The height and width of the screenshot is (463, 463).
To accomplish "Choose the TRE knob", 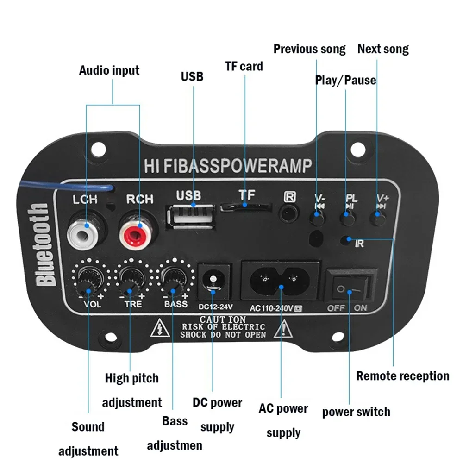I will (130, 280).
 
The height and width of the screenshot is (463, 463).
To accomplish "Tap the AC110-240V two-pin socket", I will (281, 280).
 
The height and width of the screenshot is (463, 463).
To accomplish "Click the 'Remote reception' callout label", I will (402, 376).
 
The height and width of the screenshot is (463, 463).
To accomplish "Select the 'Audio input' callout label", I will (109, 70).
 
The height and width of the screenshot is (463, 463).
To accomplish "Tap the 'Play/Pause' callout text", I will (345, 80).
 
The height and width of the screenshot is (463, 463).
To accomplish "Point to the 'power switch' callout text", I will (356, 412).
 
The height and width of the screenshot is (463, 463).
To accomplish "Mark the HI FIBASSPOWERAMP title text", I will (227, 166).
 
